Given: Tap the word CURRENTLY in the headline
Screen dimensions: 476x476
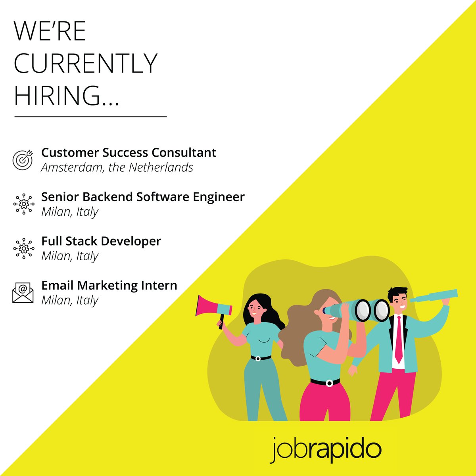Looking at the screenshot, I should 86,63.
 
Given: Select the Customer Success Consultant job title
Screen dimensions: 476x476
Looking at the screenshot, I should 129,153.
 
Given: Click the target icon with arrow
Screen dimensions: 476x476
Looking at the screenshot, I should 23,160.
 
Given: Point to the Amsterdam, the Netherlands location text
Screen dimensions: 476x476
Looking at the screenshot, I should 117,168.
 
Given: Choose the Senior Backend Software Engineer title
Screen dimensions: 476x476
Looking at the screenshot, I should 143,197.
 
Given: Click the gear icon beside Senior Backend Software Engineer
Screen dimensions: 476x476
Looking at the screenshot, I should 23,204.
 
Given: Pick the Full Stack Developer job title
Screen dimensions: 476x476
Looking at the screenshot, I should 101,241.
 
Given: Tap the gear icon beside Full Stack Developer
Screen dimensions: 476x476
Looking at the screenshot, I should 23,249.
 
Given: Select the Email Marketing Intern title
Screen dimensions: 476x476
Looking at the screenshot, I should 109,285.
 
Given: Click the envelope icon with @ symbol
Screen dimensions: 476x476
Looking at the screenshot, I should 23,293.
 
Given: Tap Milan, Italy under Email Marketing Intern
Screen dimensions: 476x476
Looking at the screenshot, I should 70,300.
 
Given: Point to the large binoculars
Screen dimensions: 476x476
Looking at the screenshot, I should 359,309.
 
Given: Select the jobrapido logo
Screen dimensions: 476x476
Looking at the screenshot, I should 326,449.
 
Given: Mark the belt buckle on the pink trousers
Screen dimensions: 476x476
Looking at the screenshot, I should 329,383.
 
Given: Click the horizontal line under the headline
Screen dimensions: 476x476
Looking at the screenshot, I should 90,117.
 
